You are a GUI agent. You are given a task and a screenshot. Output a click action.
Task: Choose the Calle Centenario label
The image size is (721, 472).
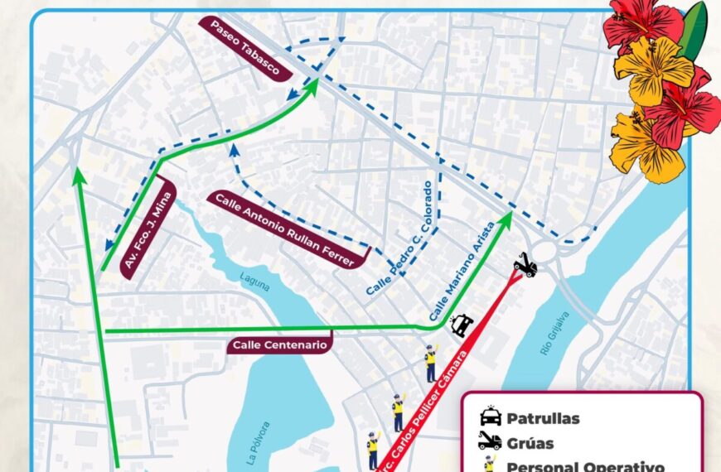[280, 344]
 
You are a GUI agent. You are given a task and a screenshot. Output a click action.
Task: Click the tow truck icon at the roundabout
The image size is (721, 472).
[525, 264]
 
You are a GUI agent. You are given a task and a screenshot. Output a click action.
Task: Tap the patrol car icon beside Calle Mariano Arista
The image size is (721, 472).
[462, 325]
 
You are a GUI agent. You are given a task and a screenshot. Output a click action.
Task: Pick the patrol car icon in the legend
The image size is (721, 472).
[490, 417]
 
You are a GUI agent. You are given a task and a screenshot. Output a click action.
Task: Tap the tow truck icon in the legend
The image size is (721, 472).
[490, 441]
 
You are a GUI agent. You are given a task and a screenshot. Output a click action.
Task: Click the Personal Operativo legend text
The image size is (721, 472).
[585, 466]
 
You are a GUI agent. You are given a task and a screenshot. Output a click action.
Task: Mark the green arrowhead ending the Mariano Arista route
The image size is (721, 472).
[505, 219]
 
